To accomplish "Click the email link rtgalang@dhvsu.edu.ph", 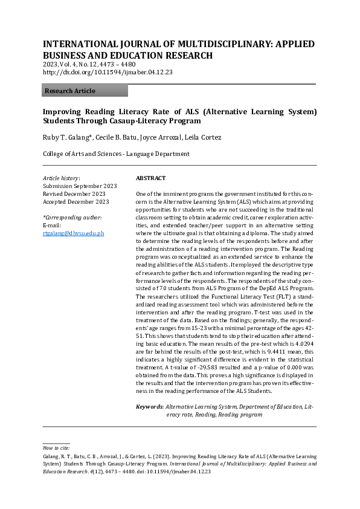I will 73,233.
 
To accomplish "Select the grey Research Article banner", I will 85,91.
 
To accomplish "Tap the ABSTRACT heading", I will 151,178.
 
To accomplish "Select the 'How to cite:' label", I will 56,448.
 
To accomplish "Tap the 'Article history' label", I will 61,178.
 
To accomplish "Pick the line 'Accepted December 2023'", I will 76,202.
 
